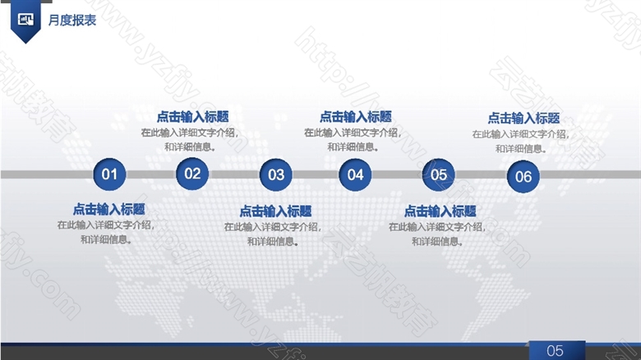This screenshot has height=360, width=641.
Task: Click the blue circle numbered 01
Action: pyautogui.click(x=109, y=174)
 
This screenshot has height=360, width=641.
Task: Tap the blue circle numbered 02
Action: pyautogui.click(x=192, y=174)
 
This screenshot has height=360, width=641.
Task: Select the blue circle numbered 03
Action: pyautogui.click(x=276, y=175)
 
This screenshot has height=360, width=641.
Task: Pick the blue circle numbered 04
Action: pyautogui.click(x=355, y=175)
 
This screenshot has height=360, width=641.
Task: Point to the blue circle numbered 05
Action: pyautogui.click(x=438, y=175)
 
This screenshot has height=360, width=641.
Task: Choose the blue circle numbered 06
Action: pyautogui.click(x=523, y=177)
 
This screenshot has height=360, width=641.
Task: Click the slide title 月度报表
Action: pyautogui.click(x=72, y=20)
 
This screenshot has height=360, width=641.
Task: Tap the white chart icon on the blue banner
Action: pyautogui.click(x=25, y=19)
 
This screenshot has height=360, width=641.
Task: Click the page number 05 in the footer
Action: pyautogui.click(x=556, y=351)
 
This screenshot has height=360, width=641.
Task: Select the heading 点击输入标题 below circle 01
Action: pyautogui.click(x=108, y=210)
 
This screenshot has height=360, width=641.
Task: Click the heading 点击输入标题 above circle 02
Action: pyautogui.click(x=192, y=117)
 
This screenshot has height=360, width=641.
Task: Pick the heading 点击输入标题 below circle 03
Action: pyautogui.click(x=275, y=211)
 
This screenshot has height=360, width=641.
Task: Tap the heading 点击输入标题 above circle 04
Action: pyautogui.click(x=356, y=117)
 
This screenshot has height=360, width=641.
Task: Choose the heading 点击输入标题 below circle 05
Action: pyautogui.click(x=440, y=211)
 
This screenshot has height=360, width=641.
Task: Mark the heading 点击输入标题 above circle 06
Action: pyautogui.click(x=523, y=118)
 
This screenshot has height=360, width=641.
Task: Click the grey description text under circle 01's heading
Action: pyautogui.click(x=106, y=232)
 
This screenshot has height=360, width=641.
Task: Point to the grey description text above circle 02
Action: pyautogui.click(x=190, y=140)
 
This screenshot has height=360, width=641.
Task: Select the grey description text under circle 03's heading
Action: pyautogui.click(x=273, y=234)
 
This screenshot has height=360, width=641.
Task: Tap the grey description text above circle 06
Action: pyautogui.click(x=521, y=141)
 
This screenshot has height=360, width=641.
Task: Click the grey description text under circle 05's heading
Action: pyautogui.click(x=437, y=234)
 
